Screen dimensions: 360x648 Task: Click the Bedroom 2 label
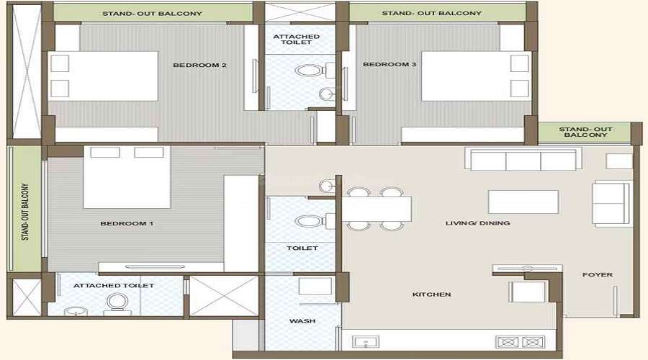pyautogui.click(x=200, y=66)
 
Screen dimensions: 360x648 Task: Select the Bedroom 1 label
pyautogui.click(x=126, y=224)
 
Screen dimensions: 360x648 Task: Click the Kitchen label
pyautogui.click(x=431, y=294)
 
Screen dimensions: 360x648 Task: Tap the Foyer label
pyautogui.click(x=598, y=274)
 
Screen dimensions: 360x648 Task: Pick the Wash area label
pyautogui.click(x=301, y=321)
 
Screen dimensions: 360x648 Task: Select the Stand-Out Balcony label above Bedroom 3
pyautogui.click(x=432, y=13)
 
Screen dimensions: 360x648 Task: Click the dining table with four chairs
pyautogui.click(x=375, y=209)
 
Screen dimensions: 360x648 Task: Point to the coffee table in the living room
pyautogui.click(x=523, y=202)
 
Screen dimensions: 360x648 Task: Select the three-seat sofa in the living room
pyautogui.click(x=523, y=160)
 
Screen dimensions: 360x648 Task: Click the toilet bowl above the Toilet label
pyautogui.click(x=306, y=223)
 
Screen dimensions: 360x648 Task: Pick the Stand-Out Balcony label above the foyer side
pyautogui.click(x=585, y=132)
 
